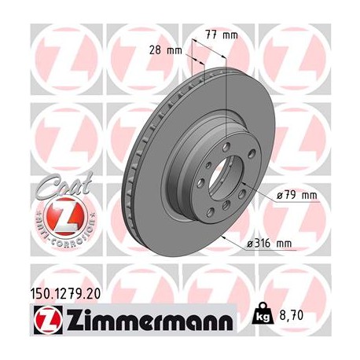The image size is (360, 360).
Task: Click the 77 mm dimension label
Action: pos(225,35)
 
